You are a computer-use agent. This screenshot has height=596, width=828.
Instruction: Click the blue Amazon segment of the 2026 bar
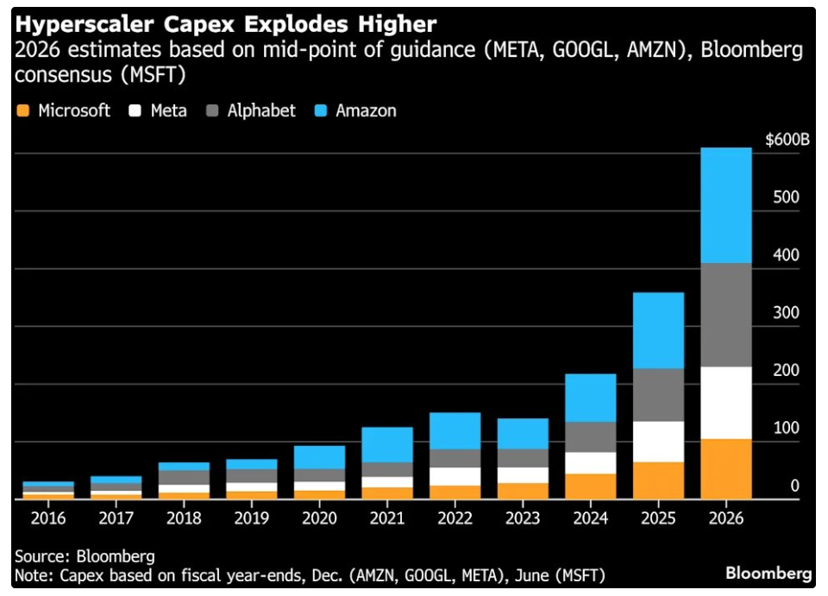[726, 205]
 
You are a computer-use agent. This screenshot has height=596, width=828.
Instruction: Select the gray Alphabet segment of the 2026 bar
[726, 315]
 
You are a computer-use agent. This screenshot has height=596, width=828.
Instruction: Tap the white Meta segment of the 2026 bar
[726, 403]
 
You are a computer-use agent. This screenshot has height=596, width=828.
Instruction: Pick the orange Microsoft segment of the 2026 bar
[726, 468]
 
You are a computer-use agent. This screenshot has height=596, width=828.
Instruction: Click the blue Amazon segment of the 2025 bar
[659, 330]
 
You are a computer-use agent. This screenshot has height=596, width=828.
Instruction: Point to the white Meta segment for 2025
[659, 442]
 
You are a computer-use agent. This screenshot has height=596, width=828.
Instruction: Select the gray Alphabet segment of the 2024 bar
[591, 436]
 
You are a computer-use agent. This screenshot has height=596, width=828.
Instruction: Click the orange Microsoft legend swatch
[23, 110]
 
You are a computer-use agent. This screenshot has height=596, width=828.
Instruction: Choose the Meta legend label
[168, 110]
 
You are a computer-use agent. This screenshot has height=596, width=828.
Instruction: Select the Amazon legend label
[366, 110]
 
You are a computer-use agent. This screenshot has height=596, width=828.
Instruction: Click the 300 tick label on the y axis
[787, 312]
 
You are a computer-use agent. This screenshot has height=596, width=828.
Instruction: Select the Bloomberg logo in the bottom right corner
[768, 573]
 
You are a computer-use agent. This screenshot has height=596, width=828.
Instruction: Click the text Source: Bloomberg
[85, 556]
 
